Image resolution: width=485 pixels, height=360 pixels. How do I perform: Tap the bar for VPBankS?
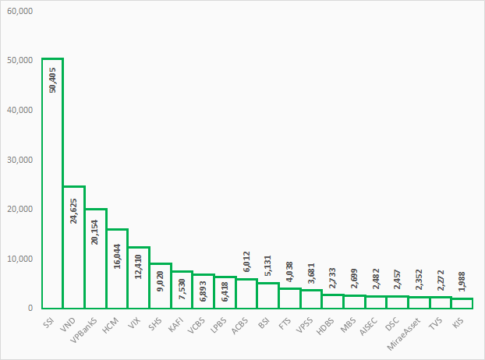pos(96,258)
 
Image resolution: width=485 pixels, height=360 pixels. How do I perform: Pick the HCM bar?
pos(117,268)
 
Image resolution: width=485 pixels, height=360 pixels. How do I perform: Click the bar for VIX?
pos(139,277)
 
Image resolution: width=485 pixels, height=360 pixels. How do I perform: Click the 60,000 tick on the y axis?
pos(19,11)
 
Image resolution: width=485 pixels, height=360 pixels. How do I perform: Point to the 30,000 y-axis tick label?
pos(19,160)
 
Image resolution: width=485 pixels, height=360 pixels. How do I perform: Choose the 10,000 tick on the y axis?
pos(19,259)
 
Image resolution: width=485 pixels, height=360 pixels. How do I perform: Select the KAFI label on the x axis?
pos(176,323)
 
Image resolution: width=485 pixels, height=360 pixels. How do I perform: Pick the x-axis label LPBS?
pos(220,323)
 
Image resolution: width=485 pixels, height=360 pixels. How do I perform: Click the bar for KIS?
pos(462,303)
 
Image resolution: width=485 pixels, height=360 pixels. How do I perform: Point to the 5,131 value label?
pos(267,267)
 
